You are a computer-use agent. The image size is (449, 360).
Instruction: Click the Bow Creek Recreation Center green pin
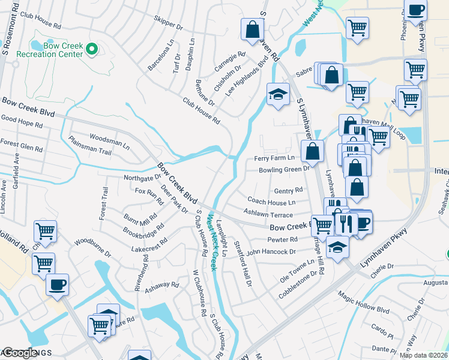pyautogui.click(x=92, y=50)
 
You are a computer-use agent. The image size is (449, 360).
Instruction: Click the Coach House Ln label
pyautogui.click(x=271, y=202)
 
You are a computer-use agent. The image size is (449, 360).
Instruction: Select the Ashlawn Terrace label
pyautogui.click(x=268, y=213)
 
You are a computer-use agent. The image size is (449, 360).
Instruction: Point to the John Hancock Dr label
pyautogui.click(x=271, y=252)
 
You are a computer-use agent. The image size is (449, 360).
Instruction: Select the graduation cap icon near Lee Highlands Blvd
pyautogui.click(x=278, y=94)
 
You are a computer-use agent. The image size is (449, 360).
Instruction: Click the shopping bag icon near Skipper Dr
pyautogui.click(x=253, y=28)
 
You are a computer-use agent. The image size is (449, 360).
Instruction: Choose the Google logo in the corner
pyautogui.click(x=19, y=353)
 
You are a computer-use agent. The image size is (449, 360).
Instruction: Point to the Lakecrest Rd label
pyautogui.click(x=152, y=248)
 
